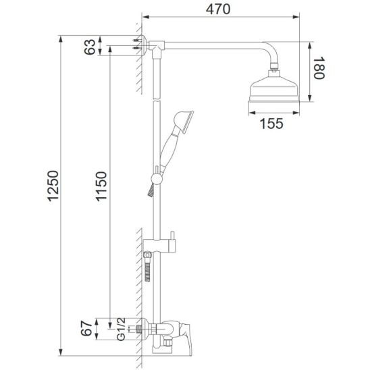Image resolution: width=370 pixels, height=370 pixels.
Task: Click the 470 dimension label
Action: pos(218,9)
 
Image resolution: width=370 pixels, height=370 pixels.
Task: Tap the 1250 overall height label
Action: pos(53,186)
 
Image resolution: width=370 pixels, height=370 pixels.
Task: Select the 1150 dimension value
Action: pos(101,186)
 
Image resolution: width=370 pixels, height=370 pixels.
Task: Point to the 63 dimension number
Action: pos(90,47)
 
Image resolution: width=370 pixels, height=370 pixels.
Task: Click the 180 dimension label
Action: pos(319,68)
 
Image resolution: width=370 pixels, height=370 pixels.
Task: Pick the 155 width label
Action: pos(271,124)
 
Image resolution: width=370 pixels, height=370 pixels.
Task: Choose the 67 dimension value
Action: pos(86,328)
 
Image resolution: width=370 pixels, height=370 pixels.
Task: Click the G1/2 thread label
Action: pos(121,329)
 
